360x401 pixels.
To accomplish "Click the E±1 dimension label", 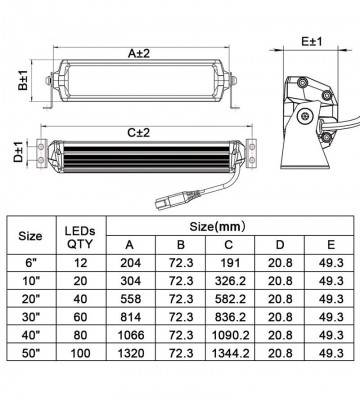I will [x=310, y=43].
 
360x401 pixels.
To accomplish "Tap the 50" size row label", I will [x=31, y=381].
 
